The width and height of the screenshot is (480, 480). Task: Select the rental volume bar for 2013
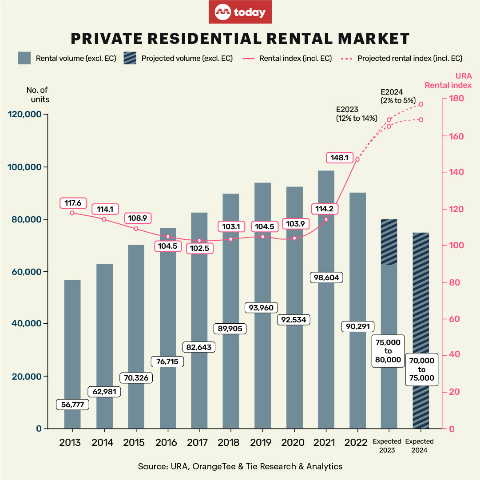pyautogui.click(x=72, y=342)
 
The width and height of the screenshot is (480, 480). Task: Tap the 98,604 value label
pyautogui.click(x=326, y=278)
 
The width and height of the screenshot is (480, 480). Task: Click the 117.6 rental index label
pyautogui.click(x=73, y=203)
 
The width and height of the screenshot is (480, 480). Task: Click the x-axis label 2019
pyautogui.click(x=262, y=443)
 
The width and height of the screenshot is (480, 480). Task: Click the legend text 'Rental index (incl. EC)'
pyautogui.click(x=295, y=58)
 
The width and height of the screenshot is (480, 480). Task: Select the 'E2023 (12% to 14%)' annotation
pyautogui.click(x=357, y=114)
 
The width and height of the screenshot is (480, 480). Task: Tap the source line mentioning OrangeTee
pyautogui.click(x=240, y=466)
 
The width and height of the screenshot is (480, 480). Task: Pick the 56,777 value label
pyautogui.click(x=73, y=405)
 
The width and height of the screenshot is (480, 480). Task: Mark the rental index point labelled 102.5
pyautogui.click(x=199, y=241)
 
